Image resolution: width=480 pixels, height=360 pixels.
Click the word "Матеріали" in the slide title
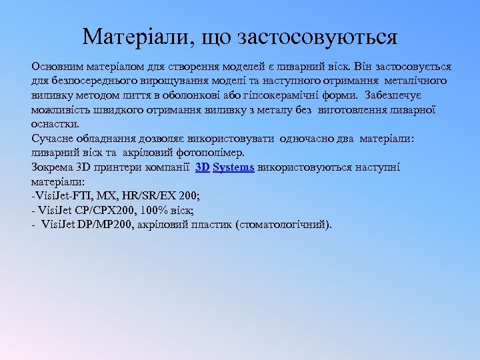click(134, 37)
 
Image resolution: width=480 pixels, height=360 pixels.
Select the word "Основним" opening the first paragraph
click(55, 67)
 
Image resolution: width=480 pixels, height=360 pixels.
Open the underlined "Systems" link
click(233, 167)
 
